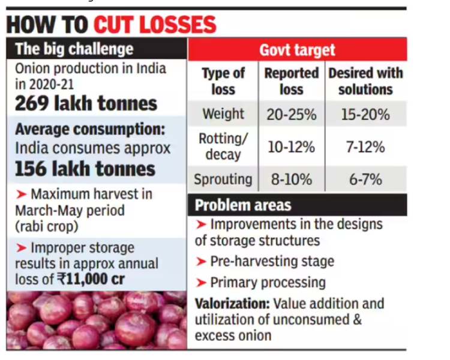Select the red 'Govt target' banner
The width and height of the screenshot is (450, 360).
point(297,50)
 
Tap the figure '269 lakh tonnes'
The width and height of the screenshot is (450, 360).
point(86,103)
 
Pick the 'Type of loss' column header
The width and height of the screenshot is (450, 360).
point(223,81)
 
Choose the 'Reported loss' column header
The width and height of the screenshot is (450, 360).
point(292,81)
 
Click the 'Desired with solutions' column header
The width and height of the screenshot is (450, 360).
point(365,81)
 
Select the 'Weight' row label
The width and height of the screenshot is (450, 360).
point(223,114)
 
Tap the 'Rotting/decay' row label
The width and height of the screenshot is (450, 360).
point(223,146)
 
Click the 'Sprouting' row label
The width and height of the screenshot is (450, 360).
point(223,179)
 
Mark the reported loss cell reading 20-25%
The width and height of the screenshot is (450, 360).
point(292,114)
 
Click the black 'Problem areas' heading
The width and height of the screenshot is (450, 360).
point(243,206)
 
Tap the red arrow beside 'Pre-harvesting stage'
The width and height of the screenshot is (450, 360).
point(201,262)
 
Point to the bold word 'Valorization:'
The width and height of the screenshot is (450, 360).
point(232,304)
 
